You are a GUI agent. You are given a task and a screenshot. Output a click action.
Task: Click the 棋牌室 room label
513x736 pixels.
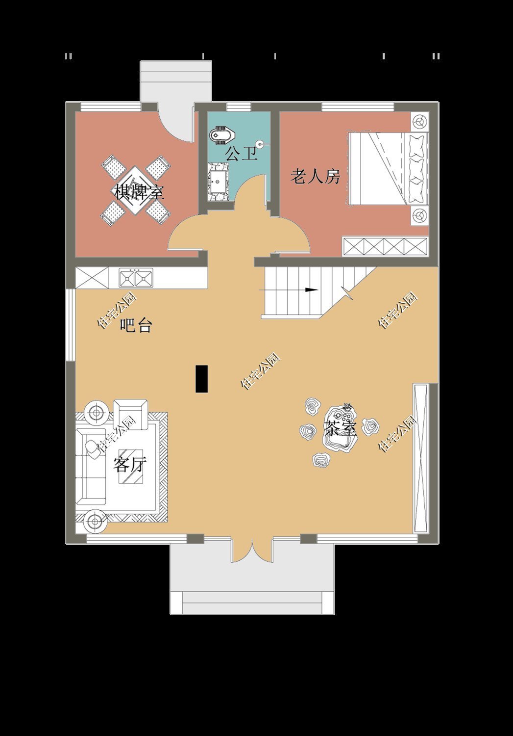point(139,192)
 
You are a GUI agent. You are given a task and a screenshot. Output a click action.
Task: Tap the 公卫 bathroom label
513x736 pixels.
point(241,154)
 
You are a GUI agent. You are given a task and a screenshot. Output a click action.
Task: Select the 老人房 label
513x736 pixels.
point(315,177)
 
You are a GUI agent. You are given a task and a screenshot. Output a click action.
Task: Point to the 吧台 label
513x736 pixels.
point(136,325)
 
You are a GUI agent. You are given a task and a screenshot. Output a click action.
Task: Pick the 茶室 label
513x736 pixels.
point(340,428)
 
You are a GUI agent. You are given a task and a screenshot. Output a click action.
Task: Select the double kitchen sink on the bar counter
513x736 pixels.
point(136,278)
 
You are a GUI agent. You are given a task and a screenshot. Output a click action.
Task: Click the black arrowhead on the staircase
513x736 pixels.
point(312,290)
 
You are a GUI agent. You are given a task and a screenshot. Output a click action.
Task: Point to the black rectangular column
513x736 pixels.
point(202,379)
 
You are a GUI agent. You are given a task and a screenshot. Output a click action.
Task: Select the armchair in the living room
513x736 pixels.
point(130,414)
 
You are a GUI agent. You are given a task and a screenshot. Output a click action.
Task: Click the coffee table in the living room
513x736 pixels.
point(131,466)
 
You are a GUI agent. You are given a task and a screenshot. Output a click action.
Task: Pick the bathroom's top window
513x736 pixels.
point(239,107)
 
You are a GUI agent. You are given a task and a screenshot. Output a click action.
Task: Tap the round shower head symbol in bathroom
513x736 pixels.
point(261,144)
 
